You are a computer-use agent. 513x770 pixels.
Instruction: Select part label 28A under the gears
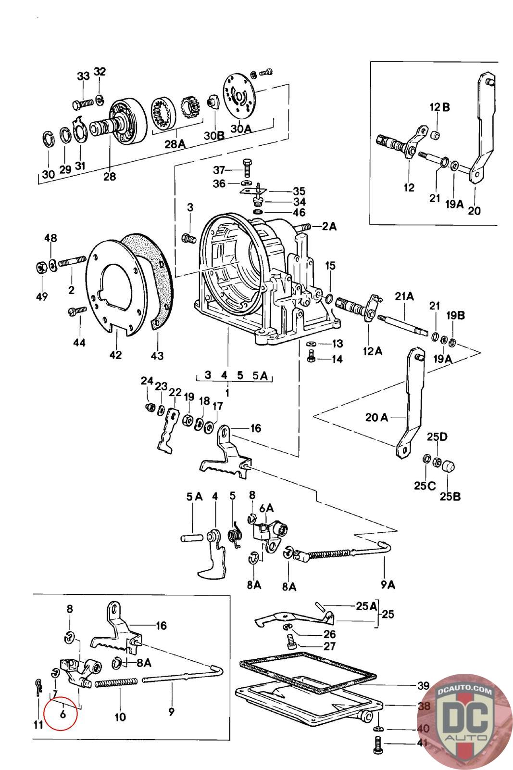coord(175,143)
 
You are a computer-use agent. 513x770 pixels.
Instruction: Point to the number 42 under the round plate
coord(115,355)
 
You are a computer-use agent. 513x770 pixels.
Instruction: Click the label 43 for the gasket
coord(157,356)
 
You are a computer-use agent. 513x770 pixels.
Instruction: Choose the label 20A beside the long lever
coord(376,417)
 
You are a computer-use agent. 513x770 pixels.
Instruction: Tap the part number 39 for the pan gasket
coord(423,685)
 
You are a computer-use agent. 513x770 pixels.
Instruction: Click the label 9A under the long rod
coord(388,585)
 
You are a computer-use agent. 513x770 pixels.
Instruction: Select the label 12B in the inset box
coord(440,107)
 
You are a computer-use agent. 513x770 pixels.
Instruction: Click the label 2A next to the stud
coord(329,226)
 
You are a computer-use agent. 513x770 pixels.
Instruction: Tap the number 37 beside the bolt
coord(219,170)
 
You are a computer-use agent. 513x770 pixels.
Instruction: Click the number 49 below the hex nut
coord(42,296)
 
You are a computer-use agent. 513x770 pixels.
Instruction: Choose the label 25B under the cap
coord(450,496)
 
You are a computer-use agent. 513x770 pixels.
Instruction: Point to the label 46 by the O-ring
coord(299,212)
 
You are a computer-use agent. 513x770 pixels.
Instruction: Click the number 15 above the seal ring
coord(330,266)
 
